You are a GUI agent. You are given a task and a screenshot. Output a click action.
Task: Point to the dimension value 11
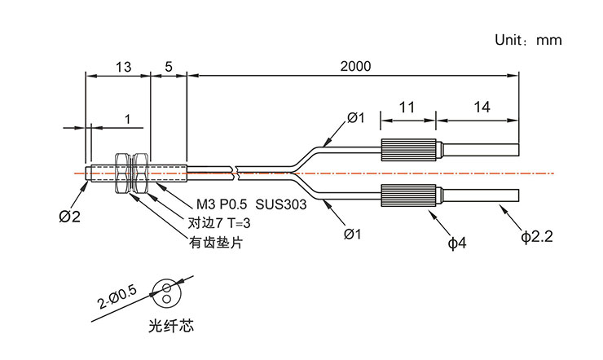407,108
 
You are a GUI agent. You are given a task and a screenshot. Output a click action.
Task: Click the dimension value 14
482,108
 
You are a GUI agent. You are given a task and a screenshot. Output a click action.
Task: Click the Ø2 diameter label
70,217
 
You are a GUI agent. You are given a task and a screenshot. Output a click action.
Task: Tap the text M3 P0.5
221,205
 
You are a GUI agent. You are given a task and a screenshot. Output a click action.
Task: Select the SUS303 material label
281,205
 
